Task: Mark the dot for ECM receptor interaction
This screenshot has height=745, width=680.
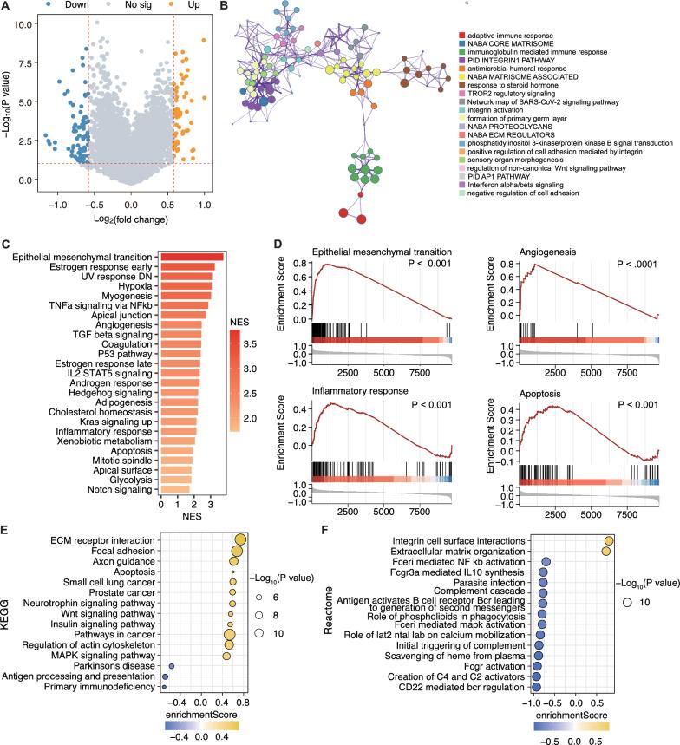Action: (x=240, y=539)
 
